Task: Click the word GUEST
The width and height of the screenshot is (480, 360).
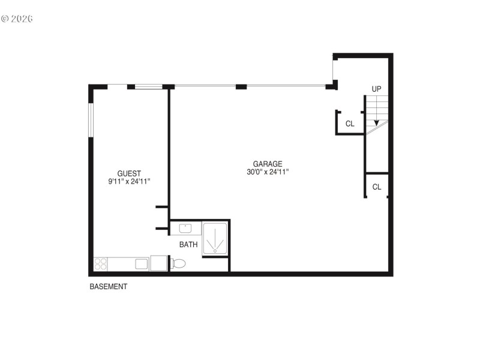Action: click(x=129, y=173)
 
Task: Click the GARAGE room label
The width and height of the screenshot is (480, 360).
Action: click(x=267, y=164)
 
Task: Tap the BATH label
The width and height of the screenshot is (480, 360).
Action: click(x=188, y=245)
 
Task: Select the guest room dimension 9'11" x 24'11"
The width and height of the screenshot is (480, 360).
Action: click(x=129, y=181)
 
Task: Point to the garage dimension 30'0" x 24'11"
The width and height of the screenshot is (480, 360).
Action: click(x=267, y=172)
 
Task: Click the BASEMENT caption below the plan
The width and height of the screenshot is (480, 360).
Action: click(x=108, y=287)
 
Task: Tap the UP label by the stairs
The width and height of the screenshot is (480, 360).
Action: click(x=376, y=89)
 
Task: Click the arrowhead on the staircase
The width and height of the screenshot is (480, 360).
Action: click(x=376, y=122)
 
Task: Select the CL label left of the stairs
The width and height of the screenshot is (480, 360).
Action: click(x=350, y=124)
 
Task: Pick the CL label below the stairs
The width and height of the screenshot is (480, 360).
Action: click(x=377, y=187)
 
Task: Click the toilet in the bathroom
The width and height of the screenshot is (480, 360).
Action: click(x=179, y=263)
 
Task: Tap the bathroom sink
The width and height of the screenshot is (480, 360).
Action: click(x=185, y=228)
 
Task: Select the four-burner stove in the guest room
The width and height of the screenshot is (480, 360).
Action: click(x=100, y=264)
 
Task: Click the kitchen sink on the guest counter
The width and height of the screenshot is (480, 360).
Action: click(x=142, y=263)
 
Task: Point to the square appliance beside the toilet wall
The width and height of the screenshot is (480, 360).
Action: click(x=159, y=263)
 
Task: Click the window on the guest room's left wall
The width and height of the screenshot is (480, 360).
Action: click(x=91, y=120)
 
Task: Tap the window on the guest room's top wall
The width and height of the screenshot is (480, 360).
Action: click(x=148, y=87)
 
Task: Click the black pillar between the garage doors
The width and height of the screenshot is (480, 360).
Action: click(x=241, y=87)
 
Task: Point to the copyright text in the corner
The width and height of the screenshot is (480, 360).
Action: click(x=17, y=19)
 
